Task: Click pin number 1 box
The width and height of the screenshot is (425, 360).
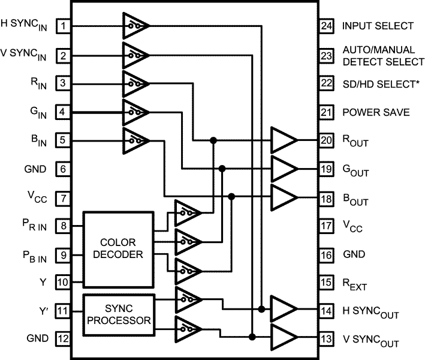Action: [x=63, y=26]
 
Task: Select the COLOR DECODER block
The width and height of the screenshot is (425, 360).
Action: [x=119, y=249]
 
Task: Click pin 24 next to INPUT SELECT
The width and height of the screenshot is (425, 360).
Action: [x=326, y=26]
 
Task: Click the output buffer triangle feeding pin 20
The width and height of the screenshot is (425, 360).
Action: [x=283, y=140]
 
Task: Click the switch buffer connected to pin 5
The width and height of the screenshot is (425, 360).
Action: [x=135, y=140]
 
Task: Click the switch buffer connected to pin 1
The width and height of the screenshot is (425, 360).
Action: [x=135, y=26]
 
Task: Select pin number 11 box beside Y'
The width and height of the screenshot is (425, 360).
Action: [x=63, y=313]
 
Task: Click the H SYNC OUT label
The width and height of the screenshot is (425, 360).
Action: [x=371, y=311]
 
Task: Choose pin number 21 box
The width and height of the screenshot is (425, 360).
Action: [x=326, y=112]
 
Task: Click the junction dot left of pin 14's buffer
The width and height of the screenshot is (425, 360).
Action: [x=262, y=309]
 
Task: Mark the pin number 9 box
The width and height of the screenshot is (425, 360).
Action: [x=63, y=255]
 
